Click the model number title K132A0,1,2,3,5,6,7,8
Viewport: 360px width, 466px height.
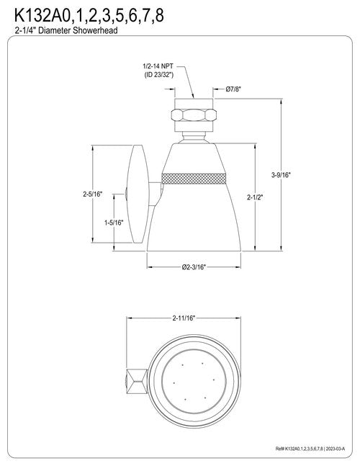click(x=89, y=16)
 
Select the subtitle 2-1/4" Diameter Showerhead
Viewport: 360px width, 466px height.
click(x=66, y=30)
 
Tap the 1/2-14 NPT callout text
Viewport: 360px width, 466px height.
click(x=158, y=66)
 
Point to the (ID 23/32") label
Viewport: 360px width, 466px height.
click(x=159, y=75)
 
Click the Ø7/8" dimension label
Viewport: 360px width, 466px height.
click(x=233, y=89)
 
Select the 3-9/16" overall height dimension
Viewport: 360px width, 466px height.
click(x=281, y=175)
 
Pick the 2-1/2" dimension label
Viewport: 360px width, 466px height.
click(x=255, y=197)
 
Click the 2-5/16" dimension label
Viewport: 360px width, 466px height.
click(x=93, y=194)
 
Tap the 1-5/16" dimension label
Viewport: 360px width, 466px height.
click(x=114, y=223)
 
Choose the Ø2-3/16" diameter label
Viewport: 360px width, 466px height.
click(x=194, y=267)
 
